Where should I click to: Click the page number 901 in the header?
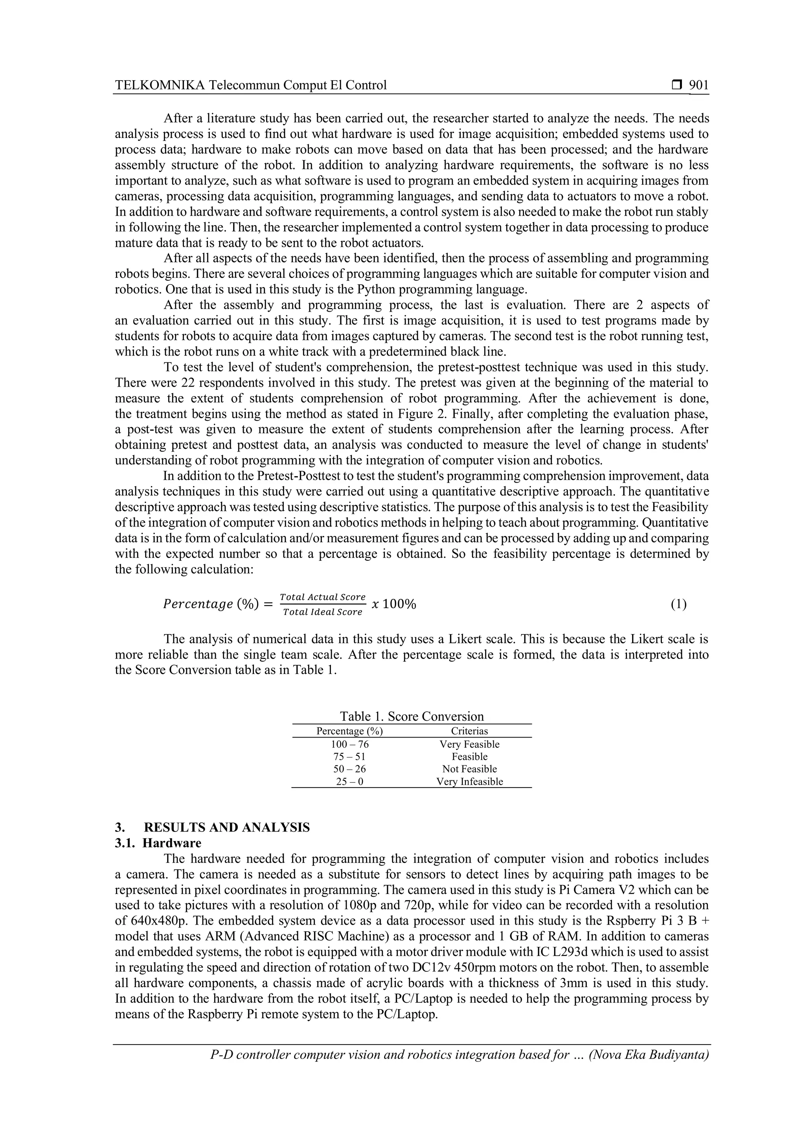(699, 85)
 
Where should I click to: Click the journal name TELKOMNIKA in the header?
(160, 85)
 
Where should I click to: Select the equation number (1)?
(678, 604)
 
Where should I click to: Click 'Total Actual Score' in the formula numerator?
(323, 597)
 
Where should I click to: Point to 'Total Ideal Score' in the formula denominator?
(323, 612)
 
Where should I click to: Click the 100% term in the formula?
(399, 604)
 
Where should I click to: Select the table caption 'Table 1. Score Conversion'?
(412, 716)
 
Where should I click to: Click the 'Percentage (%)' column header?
(349, 731)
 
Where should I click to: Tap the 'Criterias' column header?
(469, 731)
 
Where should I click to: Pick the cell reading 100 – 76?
(349, 745)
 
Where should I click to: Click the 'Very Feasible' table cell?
(469, 745)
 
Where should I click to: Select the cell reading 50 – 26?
(349, 769)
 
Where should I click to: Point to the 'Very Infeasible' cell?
(469, 782)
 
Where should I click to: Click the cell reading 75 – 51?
(349, 757)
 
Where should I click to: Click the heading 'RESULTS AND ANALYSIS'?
(226, 828)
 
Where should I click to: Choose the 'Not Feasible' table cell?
(469, 769)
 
